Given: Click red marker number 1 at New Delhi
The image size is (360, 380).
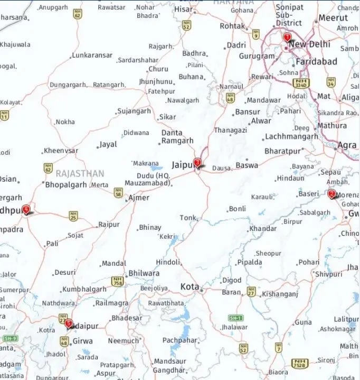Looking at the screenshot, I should coord(287,38).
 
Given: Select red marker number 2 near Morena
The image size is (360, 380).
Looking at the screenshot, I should coord(331,194).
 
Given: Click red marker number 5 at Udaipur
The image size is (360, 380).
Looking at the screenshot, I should coord(68,322).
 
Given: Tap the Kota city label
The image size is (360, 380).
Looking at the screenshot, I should coord(190,287).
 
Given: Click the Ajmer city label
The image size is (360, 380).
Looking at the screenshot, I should coord(139,198).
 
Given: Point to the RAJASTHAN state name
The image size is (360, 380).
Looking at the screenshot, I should coord(80,173).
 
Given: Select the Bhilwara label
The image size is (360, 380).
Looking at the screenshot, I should coord(144,273).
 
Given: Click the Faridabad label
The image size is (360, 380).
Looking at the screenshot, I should coord(316,62).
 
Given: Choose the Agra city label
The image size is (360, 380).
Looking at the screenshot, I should coord(347,145).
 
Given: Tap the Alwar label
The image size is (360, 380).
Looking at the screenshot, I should coord(261,121).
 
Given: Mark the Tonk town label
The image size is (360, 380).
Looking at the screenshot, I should coord(187,218).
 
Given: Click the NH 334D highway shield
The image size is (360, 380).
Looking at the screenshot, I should coord(301,83).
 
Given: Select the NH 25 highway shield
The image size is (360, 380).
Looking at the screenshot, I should coord(74,215).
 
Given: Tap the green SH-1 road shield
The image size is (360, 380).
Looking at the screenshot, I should coord(235,318).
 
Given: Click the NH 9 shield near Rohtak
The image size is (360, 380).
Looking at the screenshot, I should coord(255,34).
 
